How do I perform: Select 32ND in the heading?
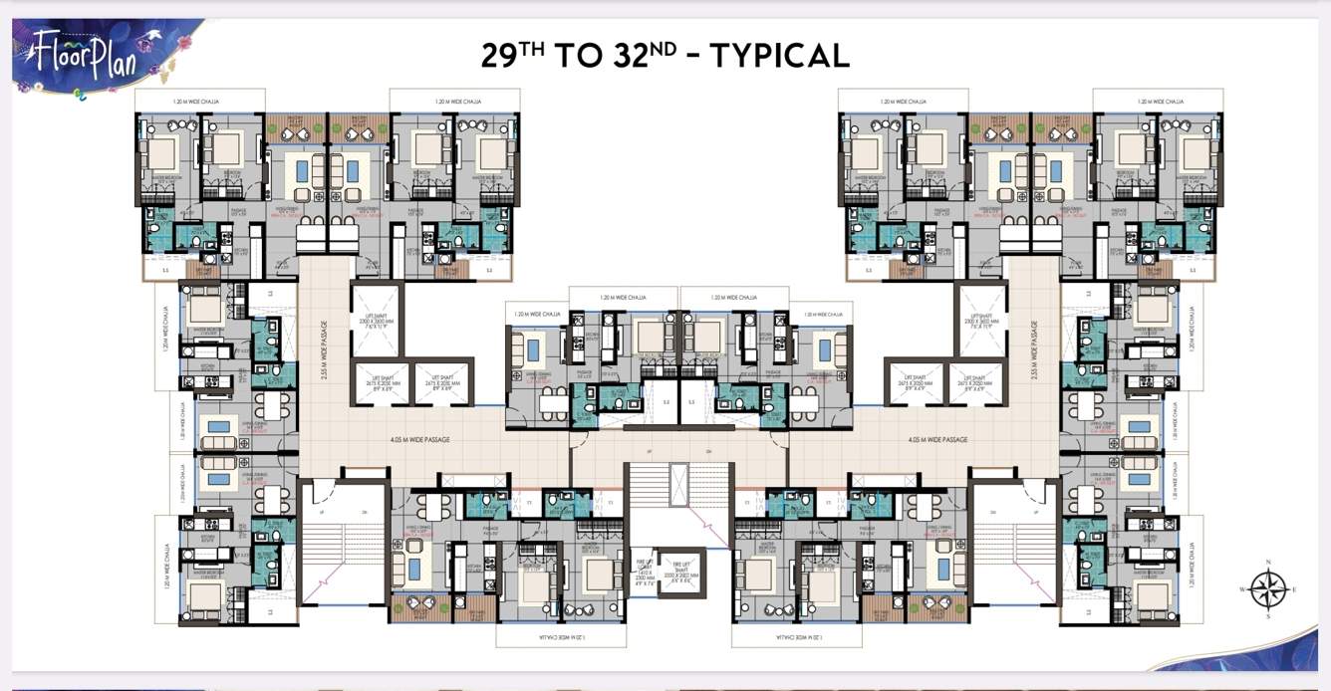tap(647, 54)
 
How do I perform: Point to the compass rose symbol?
tap(1267, 589)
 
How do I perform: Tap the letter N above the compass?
tap(1267, 564)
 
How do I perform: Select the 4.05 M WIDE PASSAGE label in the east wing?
tap(937, 439)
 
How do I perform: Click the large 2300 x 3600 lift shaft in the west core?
tap(376, 319)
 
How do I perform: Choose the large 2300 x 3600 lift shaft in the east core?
tap(979, 319)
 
